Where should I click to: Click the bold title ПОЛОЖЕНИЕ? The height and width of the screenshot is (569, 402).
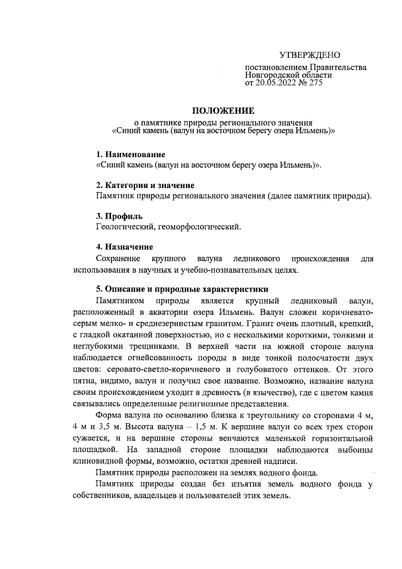click(222, 111)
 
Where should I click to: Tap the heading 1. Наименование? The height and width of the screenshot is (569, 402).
click(130, 155)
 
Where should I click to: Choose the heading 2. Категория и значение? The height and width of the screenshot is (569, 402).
click(144, 185)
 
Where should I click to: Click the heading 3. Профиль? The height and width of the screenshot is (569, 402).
click(120, 216)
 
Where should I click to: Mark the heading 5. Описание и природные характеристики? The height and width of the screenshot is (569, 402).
click(182, 290)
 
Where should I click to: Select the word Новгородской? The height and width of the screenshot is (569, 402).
click(273, 75)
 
